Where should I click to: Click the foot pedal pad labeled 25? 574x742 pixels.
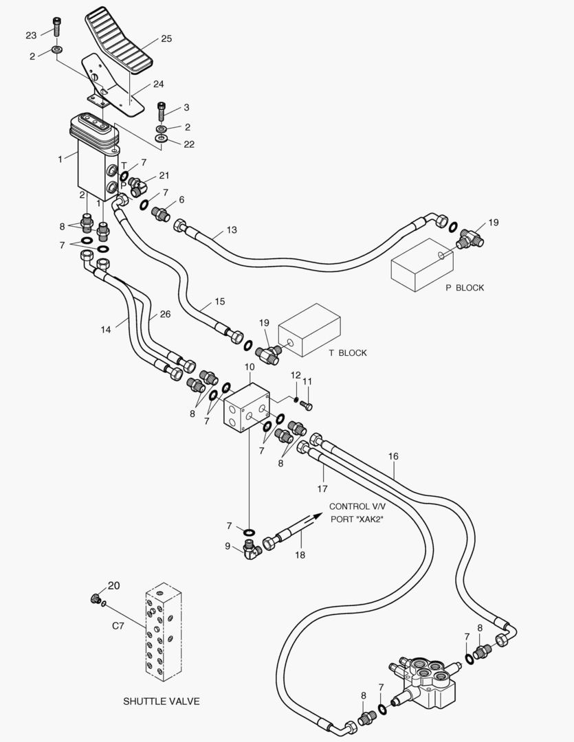pyautogui.click(x=119, y=42)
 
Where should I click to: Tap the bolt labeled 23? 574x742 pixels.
pyautogui.click(x=57, y=27)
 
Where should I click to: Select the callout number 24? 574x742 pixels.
pyautogui.click(x=158, y=85)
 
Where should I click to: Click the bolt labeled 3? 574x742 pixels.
pyautogui.click(x=162, y=112)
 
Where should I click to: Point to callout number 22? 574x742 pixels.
pyautogui.click(x=189, y=144)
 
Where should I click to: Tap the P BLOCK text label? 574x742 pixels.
pyautogui.click(x=465, y=288)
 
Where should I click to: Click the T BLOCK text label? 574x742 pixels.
pyautogui.click(x=348, y=353)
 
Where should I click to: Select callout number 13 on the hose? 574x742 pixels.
pyautogui.click(x=232, y=230)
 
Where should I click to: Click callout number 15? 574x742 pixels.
pyautogui.click(x=220, y=302)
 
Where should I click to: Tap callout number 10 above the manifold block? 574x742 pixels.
pyautogui.click(x=250, y=367)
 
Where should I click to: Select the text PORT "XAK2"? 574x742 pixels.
pyautogui.click(x=357, y=519)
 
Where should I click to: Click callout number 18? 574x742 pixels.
pyautogui.click(x=300, y=554)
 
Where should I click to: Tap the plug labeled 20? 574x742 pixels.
pyautogui.click(x=95, y=598)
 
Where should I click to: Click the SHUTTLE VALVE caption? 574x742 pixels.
pyautogui.click(x=162, y=701)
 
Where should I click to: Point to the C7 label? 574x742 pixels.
pyautogui.click(x=118, y=626)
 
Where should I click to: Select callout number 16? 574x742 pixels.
pyautogui.click(x=394, y=457)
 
